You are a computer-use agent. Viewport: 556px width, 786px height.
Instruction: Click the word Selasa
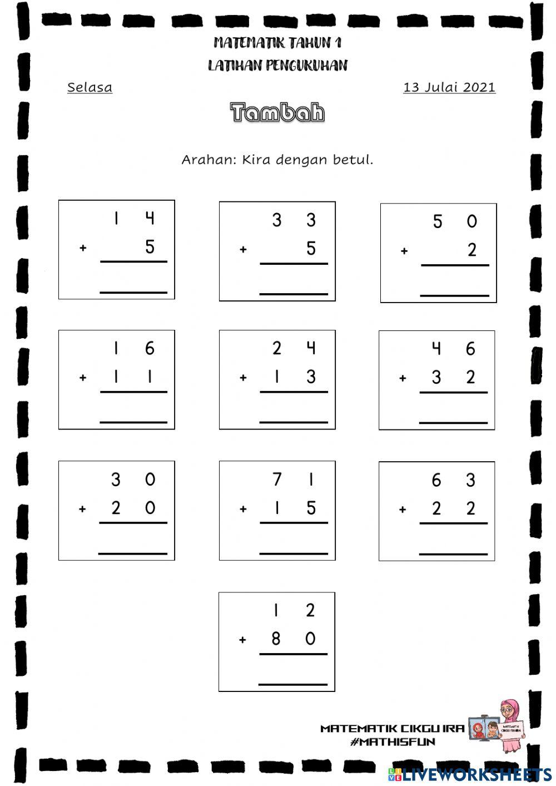90,87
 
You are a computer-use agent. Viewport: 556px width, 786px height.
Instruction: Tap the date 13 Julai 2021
449,87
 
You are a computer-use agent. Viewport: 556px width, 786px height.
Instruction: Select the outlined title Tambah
277,112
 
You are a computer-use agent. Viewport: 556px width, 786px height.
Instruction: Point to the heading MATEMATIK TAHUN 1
277,43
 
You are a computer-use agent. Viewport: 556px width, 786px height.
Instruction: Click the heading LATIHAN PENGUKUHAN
277,66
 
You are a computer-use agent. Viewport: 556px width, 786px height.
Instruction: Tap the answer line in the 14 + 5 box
133,291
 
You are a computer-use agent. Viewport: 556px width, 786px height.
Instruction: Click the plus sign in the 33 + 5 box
243,250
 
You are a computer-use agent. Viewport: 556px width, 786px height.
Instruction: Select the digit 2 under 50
472,250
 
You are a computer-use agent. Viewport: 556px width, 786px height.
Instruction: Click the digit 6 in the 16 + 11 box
150,349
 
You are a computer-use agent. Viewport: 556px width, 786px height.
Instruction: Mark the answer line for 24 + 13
294,422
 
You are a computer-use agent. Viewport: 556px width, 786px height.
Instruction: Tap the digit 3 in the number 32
436,378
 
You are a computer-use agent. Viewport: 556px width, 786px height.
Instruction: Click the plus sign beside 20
82,508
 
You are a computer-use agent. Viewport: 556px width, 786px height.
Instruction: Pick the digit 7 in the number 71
277,479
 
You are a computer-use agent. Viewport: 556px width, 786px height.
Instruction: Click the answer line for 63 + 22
453,553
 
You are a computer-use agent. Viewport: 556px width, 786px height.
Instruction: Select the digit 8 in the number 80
276,639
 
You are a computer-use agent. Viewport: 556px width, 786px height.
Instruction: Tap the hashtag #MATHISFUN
393,741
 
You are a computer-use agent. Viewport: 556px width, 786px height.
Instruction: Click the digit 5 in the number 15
311,508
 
